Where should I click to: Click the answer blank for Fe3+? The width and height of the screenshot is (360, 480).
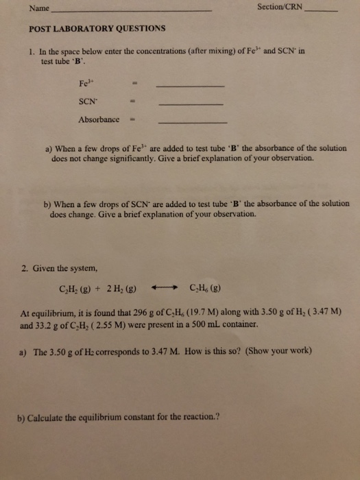191,86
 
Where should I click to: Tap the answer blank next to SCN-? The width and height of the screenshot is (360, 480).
191,104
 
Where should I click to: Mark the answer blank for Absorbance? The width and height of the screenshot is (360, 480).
193,121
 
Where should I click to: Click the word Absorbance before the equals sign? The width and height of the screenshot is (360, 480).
99,119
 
